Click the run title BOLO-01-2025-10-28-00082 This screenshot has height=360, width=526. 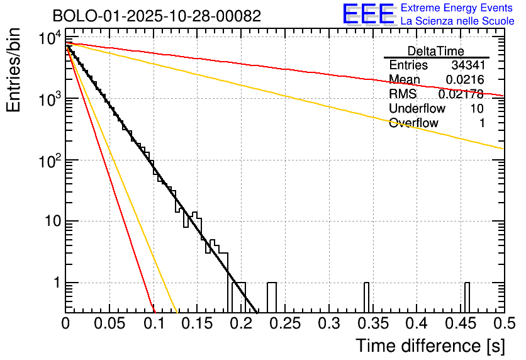pos(156,16)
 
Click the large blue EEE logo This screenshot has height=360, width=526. pos(368,14)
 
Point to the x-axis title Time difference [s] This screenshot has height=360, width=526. pos(430,346)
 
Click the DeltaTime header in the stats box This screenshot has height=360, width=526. pos(436,51)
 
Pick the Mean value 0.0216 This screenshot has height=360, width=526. pos(464,80)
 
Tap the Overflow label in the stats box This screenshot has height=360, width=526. pos(413,123)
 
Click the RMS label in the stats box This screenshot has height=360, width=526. pos(403,94)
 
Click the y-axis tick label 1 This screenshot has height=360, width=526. pos(54,283)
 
